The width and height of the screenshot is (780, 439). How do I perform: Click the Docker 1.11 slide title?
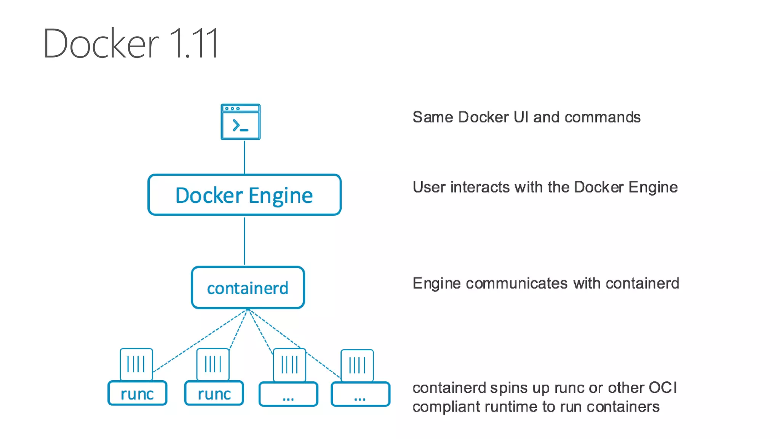(131, 43)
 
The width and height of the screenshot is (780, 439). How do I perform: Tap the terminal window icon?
(241, 122)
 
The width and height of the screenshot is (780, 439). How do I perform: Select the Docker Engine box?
(244, 195)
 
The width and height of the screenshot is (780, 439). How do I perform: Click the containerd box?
(248, 288)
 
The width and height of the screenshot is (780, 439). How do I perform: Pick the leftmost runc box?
(137, 393)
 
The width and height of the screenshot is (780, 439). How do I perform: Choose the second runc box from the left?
(214, 393)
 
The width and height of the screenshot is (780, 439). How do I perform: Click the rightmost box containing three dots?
(360, 394)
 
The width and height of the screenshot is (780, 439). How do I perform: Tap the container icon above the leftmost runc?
(136, 364)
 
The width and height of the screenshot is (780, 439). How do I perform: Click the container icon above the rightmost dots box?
(357, 365)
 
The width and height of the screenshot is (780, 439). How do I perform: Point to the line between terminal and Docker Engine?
(245, 157)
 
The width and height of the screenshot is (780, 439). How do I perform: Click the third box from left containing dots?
(288, 394)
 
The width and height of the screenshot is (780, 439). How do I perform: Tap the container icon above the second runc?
(213, 364)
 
